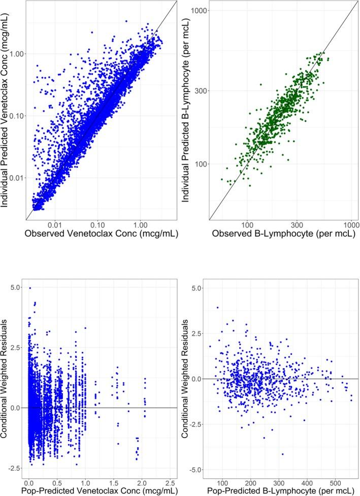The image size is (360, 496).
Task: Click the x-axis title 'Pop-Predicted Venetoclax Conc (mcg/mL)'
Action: [101, 490]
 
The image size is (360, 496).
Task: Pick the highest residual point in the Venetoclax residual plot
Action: [30, 288]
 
